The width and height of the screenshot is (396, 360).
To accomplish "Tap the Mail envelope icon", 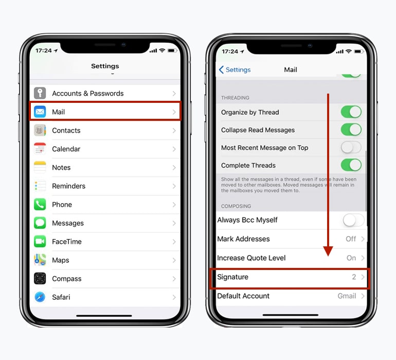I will click(40, 112).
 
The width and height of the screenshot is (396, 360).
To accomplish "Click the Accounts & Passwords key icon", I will click(40, 93).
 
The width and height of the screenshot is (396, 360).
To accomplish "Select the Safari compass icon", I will click(40, 297).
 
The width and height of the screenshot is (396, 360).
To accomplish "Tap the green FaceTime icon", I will click(40, 242).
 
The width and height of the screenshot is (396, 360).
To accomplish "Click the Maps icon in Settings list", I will click(40, 260).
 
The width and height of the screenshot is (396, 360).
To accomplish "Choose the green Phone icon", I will click(40, 205).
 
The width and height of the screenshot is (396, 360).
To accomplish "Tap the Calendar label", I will click(66, 149).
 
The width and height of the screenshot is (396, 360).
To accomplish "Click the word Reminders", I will click(68, 186).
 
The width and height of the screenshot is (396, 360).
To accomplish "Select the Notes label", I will click(61, 168).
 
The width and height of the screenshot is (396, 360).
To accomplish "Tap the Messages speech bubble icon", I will click(40, 223).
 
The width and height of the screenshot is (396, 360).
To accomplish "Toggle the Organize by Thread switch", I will click(351, 112).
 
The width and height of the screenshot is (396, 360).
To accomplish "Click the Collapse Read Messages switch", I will click(351, 130).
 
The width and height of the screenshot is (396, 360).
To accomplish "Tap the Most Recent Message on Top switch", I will click(351, 148).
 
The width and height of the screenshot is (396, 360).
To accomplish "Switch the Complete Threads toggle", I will click(351, 165).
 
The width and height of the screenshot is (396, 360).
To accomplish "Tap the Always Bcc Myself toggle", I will click(353, 220).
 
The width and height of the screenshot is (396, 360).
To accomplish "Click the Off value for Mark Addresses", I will click(351, 239).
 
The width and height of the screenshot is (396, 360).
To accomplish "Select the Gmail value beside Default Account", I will click(347, 296).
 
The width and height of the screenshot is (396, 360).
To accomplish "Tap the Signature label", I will click(232, 277).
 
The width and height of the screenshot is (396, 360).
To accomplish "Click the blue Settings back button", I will click(235, 70).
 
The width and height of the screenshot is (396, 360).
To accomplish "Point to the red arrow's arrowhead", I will click(328, 251).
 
